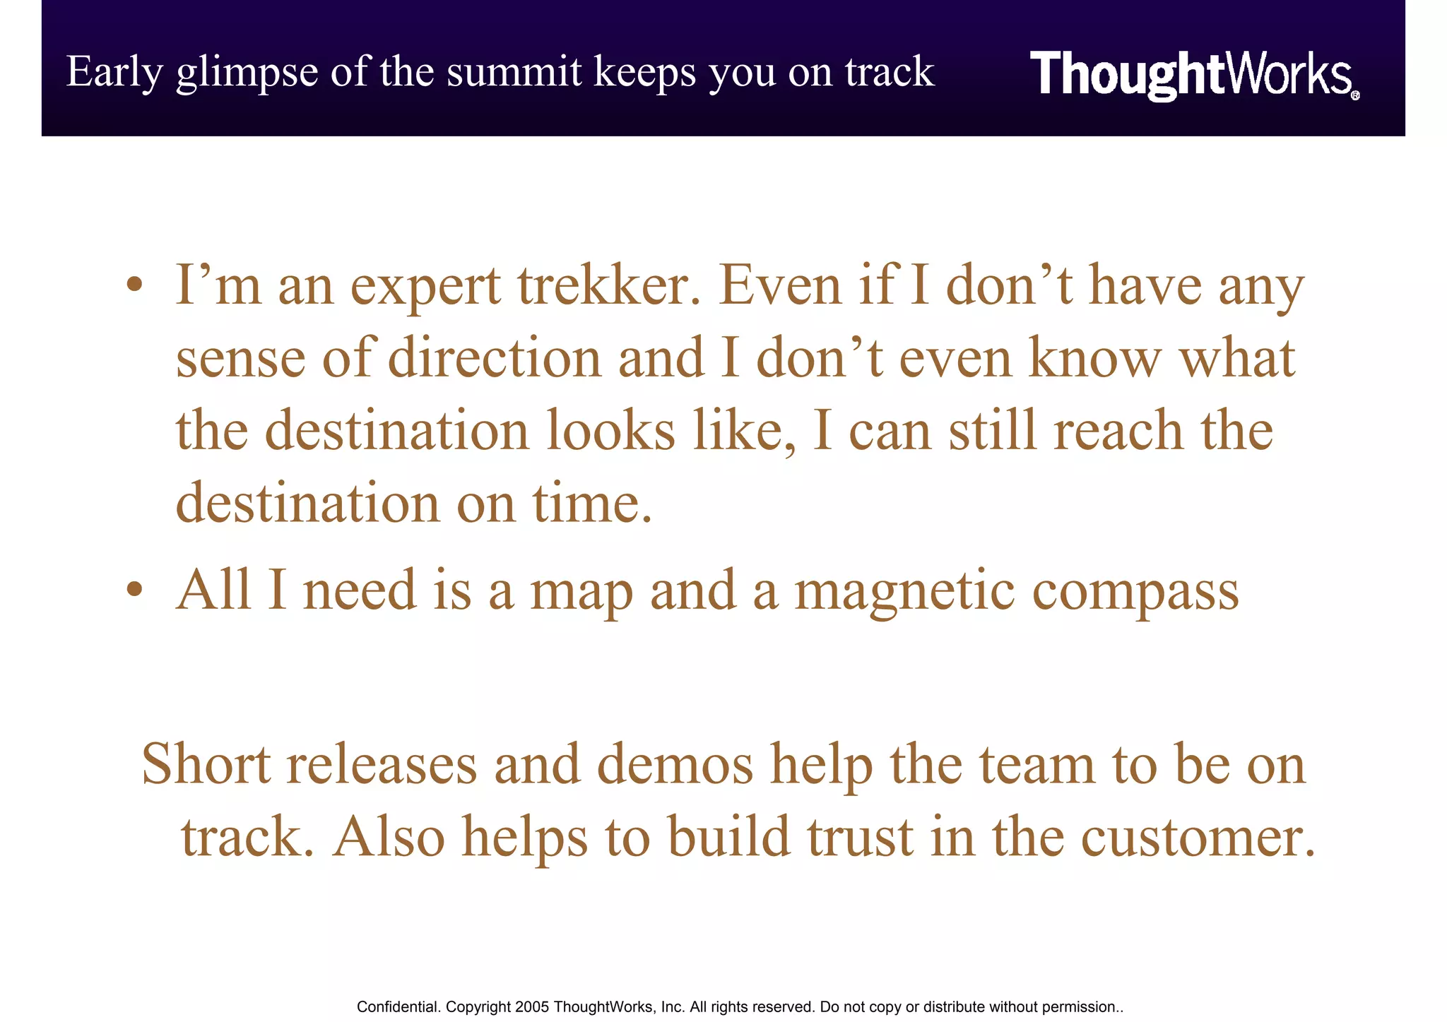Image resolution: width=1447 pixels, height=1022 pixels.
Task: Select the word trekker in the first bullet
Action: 608,287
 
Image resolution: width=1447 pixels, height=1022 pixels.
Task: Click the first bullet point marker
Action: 135,286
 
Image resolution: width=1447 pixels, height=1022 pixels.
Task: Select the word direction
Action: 495,358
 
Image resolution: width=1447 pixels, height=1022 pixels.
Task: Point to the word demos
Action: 675,765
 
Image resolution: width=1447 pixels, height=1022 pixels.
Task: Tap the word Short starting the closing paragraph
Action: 206,765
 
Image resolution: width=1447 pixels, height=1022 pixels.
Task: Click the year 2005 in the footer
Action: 532,1007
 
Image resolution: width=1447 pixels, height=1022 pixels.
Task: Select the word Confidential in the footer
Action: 398,1007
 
